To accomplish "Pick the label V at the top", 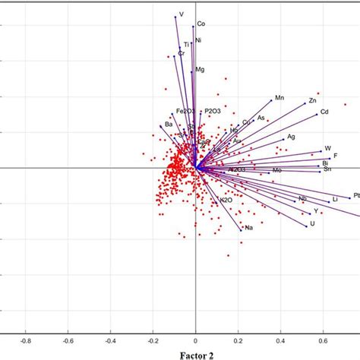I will coord(181,14).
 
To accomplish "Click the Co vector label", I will coord(201,24).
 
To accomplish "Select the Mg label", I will coord(200,70).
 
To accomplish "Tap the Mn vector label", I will coord(279,98).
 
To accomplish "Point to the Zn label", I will coord(311,101).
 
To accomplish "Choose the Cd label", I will coord(324,113).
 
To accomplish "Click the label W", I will coord(328,148).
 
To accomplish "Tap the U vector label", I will coord(311,224).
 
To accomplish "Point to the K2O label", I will coord(225,201).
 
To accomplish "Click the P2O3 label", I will coord(213,111).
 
